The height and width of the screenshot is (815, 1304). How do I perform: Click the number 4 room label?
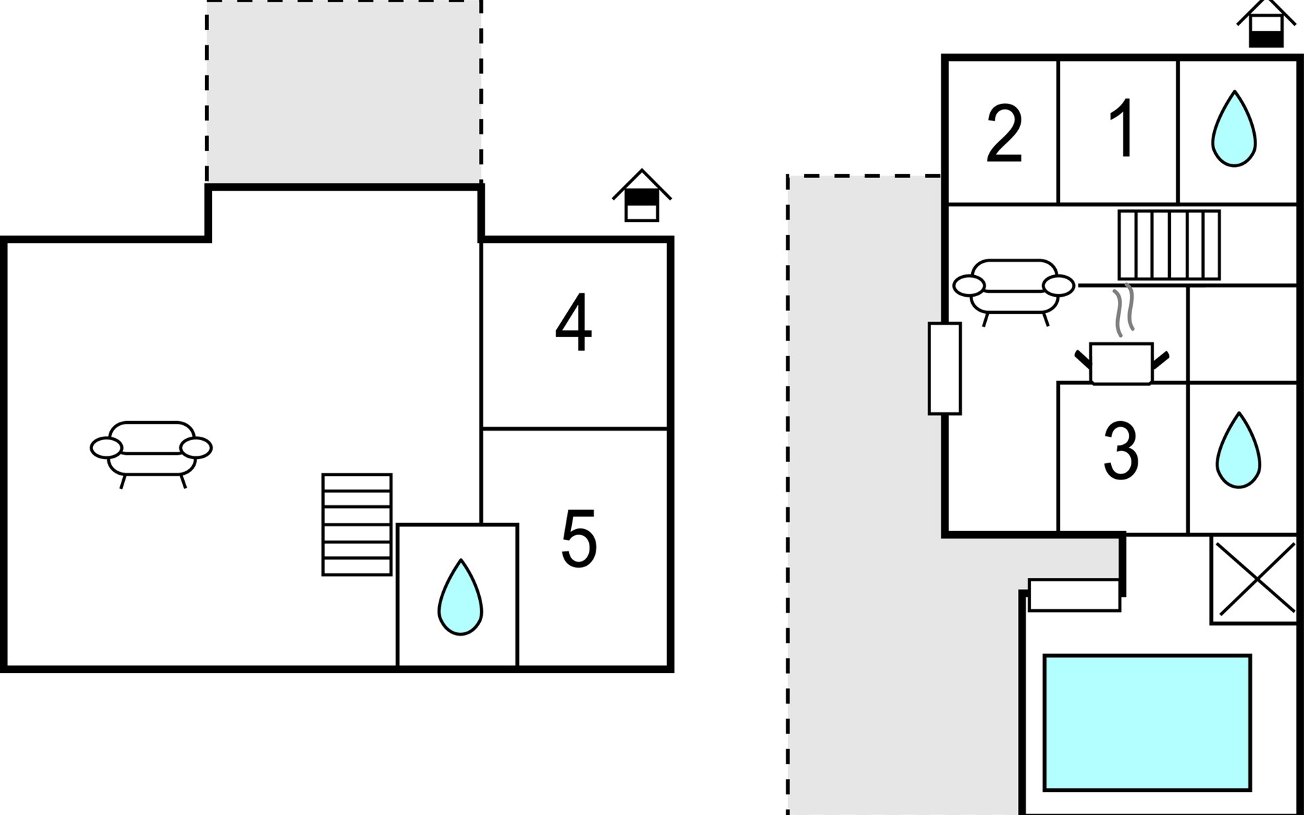point(574,323)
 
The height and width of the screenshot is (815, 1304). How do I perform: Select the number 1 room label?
point(1123,128)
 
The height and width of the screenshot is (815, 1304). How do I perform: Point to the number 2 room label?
point(1004,134)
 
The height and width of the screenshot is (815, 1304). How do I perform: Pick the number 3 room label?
point(1121,450)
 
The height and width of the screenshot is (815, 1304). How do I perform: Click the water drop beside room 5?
point(460,597)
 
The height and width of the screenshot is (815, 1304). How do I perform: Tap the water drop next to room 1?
point(1234,128)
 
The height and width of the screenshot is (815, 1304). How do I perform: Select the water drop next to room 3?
point(1238,450)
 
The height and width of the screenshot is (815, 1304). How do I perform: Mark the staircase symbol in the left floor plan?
point(357,524)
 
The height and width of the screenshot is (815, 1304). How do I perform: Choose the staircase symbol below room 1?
point(1170,244)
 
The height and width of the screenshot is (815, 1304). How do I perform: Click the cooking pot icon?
point(1121,364)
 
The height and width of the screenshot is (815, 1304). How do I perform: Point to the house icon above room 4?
point(642,195)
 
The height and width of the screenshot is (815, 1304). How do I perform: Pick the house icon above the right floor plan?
point(1267,24)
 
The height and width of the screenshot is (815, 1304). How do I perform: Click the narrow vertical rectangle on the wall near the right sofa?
point(945,368)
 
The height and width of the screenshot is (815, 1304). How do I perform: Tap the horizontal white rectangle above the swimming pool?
point(1074,595)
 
